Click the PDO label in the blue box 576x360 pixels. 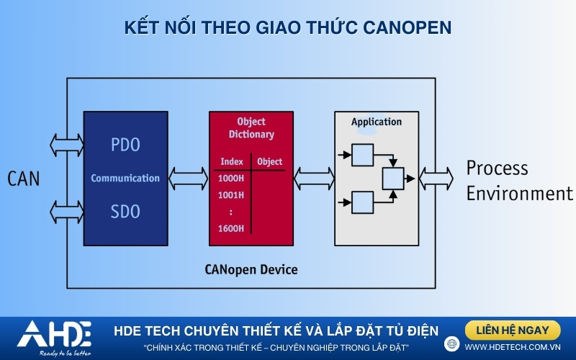pos(125,145)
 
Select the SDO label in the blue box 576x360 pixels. pos(125,212)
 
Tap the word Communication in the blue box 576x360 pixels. pos(125,178)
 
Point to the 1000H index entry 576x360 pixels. pos(230,179)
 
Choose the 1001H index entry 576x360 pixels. pos(230,195)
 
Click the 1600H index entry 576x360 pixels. pos(230,228)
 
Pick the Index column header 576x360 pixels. pos(232,161)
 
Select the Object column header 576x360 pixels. pos(269,161)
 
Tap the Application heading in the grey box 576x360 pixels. pos(377,122)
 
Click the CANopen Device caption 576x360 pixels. pos(251,269)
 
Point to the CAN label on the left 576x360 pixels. pos(24,179)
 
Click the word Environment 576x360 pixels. pos(519,194)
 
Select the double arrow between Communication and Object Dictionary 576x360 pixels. pos(189,179)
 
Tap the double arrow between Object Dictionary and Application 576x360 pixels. pos(314,179)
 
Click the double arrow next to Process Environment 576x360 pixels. pos(436,179)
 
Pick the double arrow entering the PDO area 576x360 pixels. pos(66,145)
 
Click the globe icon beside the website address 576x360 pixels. pos(452,344)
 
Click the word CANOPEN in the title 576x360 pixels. pos(408,28)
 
